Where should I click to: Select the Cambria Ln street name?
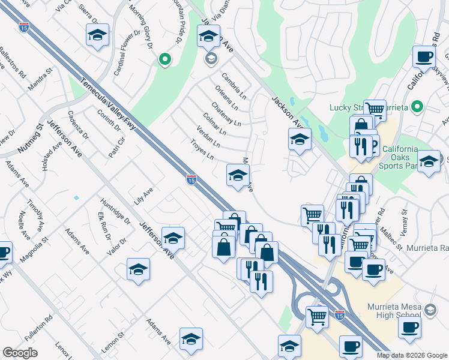234,86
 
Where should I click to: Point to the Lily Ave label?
143,196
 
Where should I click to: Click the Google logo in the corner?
20,353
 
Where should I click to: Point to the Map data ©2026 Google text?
412,355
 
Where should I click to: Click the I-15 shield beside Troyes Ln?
191,179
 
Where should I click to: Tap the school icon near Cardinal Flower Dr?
97,35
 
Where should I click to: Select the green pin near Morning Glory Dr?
164,59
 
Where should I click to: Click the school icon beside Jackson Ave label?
300,140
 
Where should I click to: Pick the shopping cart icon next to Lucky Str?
375,109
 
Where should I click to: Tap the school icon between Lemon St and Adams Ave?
191,339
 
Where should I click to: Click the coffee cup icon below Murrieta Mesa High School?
410,327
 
